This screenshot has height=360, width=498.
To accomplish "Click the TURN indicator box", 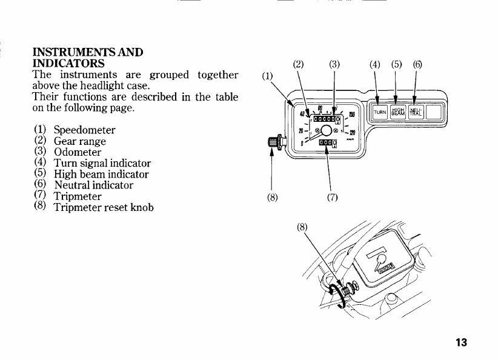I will [x=379, y=113].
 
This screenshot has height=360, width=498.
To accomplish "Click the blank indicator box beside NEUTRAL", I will [x=434, y=113].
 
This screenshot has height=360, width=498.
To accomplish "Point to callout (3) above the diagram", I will [x=334, y=64].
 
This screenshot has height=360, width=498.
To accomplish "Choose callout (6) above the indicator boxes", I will [x=417, y=64].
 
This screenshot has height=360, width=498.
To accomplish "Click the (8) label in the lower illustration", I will [x=304, y=227].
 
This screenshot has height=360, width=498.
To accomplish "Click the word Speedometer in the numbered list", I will [x=84, y=130].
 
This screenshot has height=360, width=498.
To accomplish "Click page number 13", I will [x=462, y=343].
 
